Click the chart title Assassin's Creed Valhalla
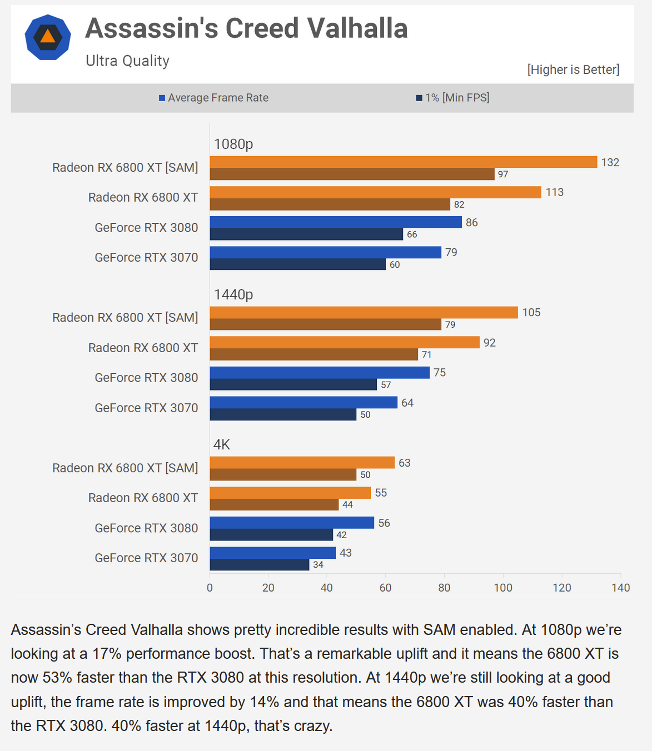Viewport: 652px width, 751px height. tap(246, 29)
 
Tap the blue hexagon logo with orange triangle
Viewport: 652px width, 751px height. tap(48, 37)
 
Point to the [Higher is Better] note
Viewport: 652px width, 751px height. tap(573, 69)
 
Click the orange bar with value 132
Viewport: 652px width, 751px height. tap(403, 162)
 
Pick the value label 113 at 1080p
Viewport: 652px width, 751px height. tap(554, 192)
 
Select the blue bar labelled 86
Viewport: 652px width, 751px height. tap(335, 222)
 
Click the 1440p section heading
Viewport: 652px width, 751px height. tap(233, 294)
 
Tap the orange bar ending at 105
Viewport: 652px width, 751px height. tap(364, 312)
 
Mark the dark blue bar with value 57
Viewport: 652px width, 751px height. tap(293, 384)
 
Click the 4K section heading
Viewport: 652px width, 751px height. tap(222, 444)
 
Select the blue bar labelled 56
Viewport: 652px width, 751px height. tap(291, 523)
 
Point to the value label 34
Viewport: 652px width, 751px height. tap(318, 565)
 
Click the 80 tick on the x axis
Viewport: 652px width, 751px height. tap(444, 588)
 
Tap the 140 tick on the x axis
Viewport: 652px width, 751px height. tap(620, 588)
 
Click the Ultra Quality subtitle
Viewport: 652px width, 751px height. tap(127, 61)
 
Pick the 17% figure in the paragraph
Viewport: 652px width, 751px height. tap(107, 654)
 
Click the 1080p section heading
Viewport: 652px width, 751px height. tap(233, 144)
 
